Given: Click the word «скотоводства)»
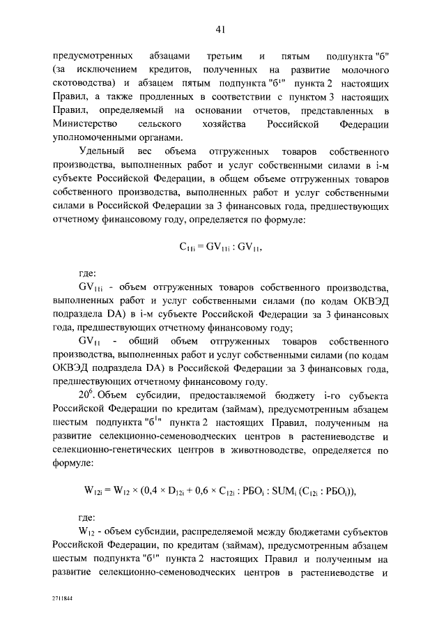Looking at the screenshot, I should click(x=83, y=84).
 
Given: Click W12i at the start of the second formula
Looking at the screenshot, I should click(x=95, y=490).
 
